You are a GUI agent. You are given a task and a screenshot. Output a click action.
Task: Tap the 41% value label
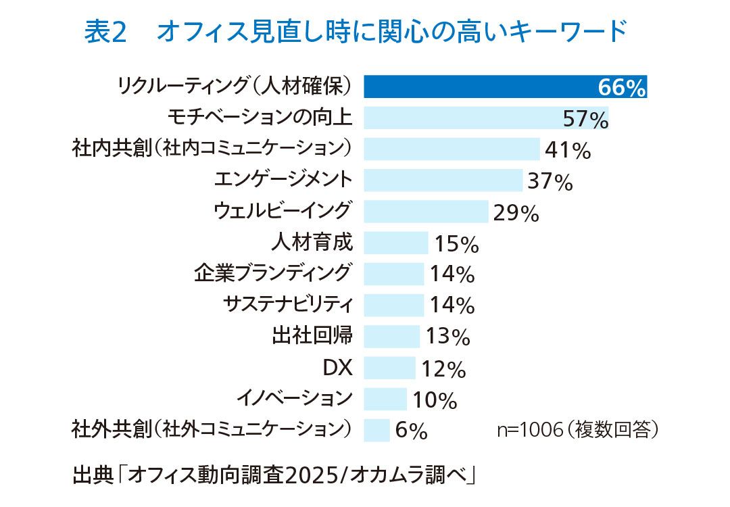(568, 150)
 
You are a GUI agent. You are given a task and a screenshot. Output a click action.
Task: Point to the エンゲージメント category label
(283, 180)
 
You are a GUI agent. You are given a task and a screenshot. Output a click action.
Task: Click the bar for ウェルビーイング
(426, 212)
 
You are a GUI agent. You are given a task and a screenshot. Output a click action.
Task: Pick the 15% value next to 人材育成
(456, 244)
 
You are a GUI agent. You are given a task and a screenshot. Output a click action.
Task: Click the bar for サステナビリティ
(394, 305)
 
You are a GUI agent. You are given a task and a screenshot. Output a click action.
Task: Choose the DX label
(338, 367)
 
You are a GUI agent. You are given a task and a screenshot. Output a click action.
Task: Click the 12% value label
(443, 370)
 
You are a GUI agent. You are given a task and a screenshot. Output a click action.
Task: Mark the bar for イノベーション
(385, 399)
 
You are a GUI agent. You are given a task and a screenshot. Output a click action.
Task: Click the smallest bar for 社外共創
(376, 430)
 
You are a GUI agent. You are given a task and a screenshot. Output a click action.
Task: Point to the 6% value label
(411, 431)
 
